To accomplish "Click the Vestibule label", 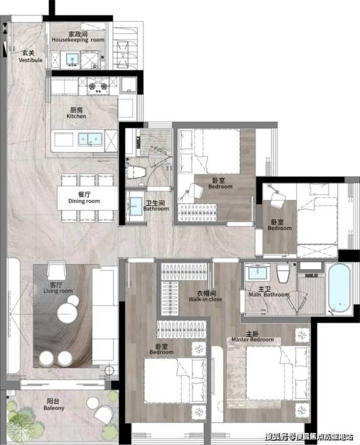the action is click(30, 56).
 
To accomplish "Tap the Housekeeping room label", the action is click(78, 37).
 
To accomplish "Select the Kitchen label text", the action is click(76, 113).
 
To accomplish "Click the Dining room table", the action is click(88, 198).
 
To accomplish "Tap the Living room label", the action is click(58, 288).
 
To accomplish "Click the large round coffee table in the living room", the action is click(67, 314).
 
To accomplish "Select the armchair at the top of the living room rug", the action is click(56, 270).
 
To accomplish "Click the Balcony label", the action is click(54, 405).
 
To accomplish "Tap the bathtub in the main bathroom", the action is click(339, 288).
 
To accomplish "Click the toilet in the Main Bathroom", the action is click(283, 273).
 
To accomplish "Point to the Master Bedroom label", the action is click(252, 337).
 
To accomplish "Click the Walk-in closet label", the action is click(205, 296).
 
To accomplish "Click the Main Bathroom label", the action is click(269, 292).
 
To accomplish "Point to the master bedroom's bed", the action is click(277, 373).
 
